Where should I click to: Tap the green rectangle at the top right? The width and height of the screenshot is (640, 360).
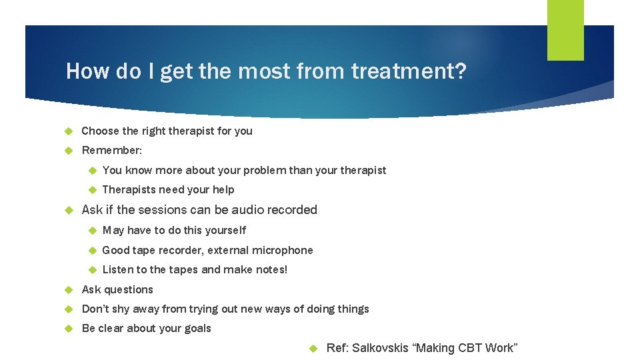(x=565, y=29)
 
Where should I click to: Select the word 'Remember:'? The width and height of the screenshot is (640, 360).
(x=111, y=151)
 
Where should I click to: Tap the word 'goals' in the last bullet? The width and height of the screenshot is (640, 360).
(x=197, y=328)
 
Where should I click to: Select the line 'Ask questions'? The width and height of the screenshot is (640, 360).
(x=117, y=289)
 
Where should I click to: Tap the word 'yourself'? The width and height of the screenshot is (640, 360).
(x=223, y=230)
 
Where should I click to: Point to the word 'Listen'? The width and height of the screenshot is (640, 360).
(x=118, y=269)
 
